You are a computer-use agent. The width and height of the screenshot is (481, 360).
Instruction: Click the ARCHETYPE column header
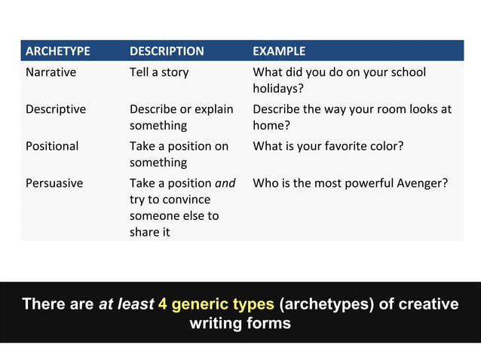point(58,51)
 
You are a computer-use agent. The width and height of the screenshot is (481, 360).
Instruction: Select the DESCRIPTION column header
point(167,51)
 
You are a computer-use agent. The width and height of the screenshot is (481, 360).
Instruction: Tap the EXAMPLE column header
point(279,51)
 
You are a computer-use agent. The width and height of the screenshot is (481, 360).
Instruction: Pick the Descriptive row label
point(56,109)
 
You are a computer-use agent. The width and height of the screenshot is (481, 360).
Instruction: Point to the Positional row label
point(52,145)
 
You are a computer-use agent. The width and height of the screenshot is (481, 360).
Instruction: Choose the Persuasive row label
point(54,182)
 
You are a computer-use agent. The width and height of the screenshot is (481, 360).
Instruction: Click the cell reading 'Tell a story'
point(159,72)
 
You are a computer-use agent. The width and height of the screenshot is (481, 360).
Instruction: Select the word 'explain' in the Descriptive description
point(211,109)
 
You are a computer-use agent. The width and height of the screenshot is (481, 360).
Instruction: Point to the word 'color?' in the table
point(386,145)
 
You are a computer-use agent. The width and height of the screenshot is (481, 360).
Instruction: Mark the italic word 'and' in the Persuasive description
point(225,182)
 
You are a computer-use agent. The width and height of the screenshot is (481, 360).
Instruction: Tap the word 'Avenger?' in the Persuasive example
point(423,182)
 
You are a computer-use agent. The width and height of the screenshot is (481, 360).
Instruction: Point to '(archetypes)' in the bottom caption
point(326,304)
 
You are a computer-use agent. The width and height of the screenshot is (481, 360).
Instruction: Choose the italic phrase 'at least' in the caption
point(126,304)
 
